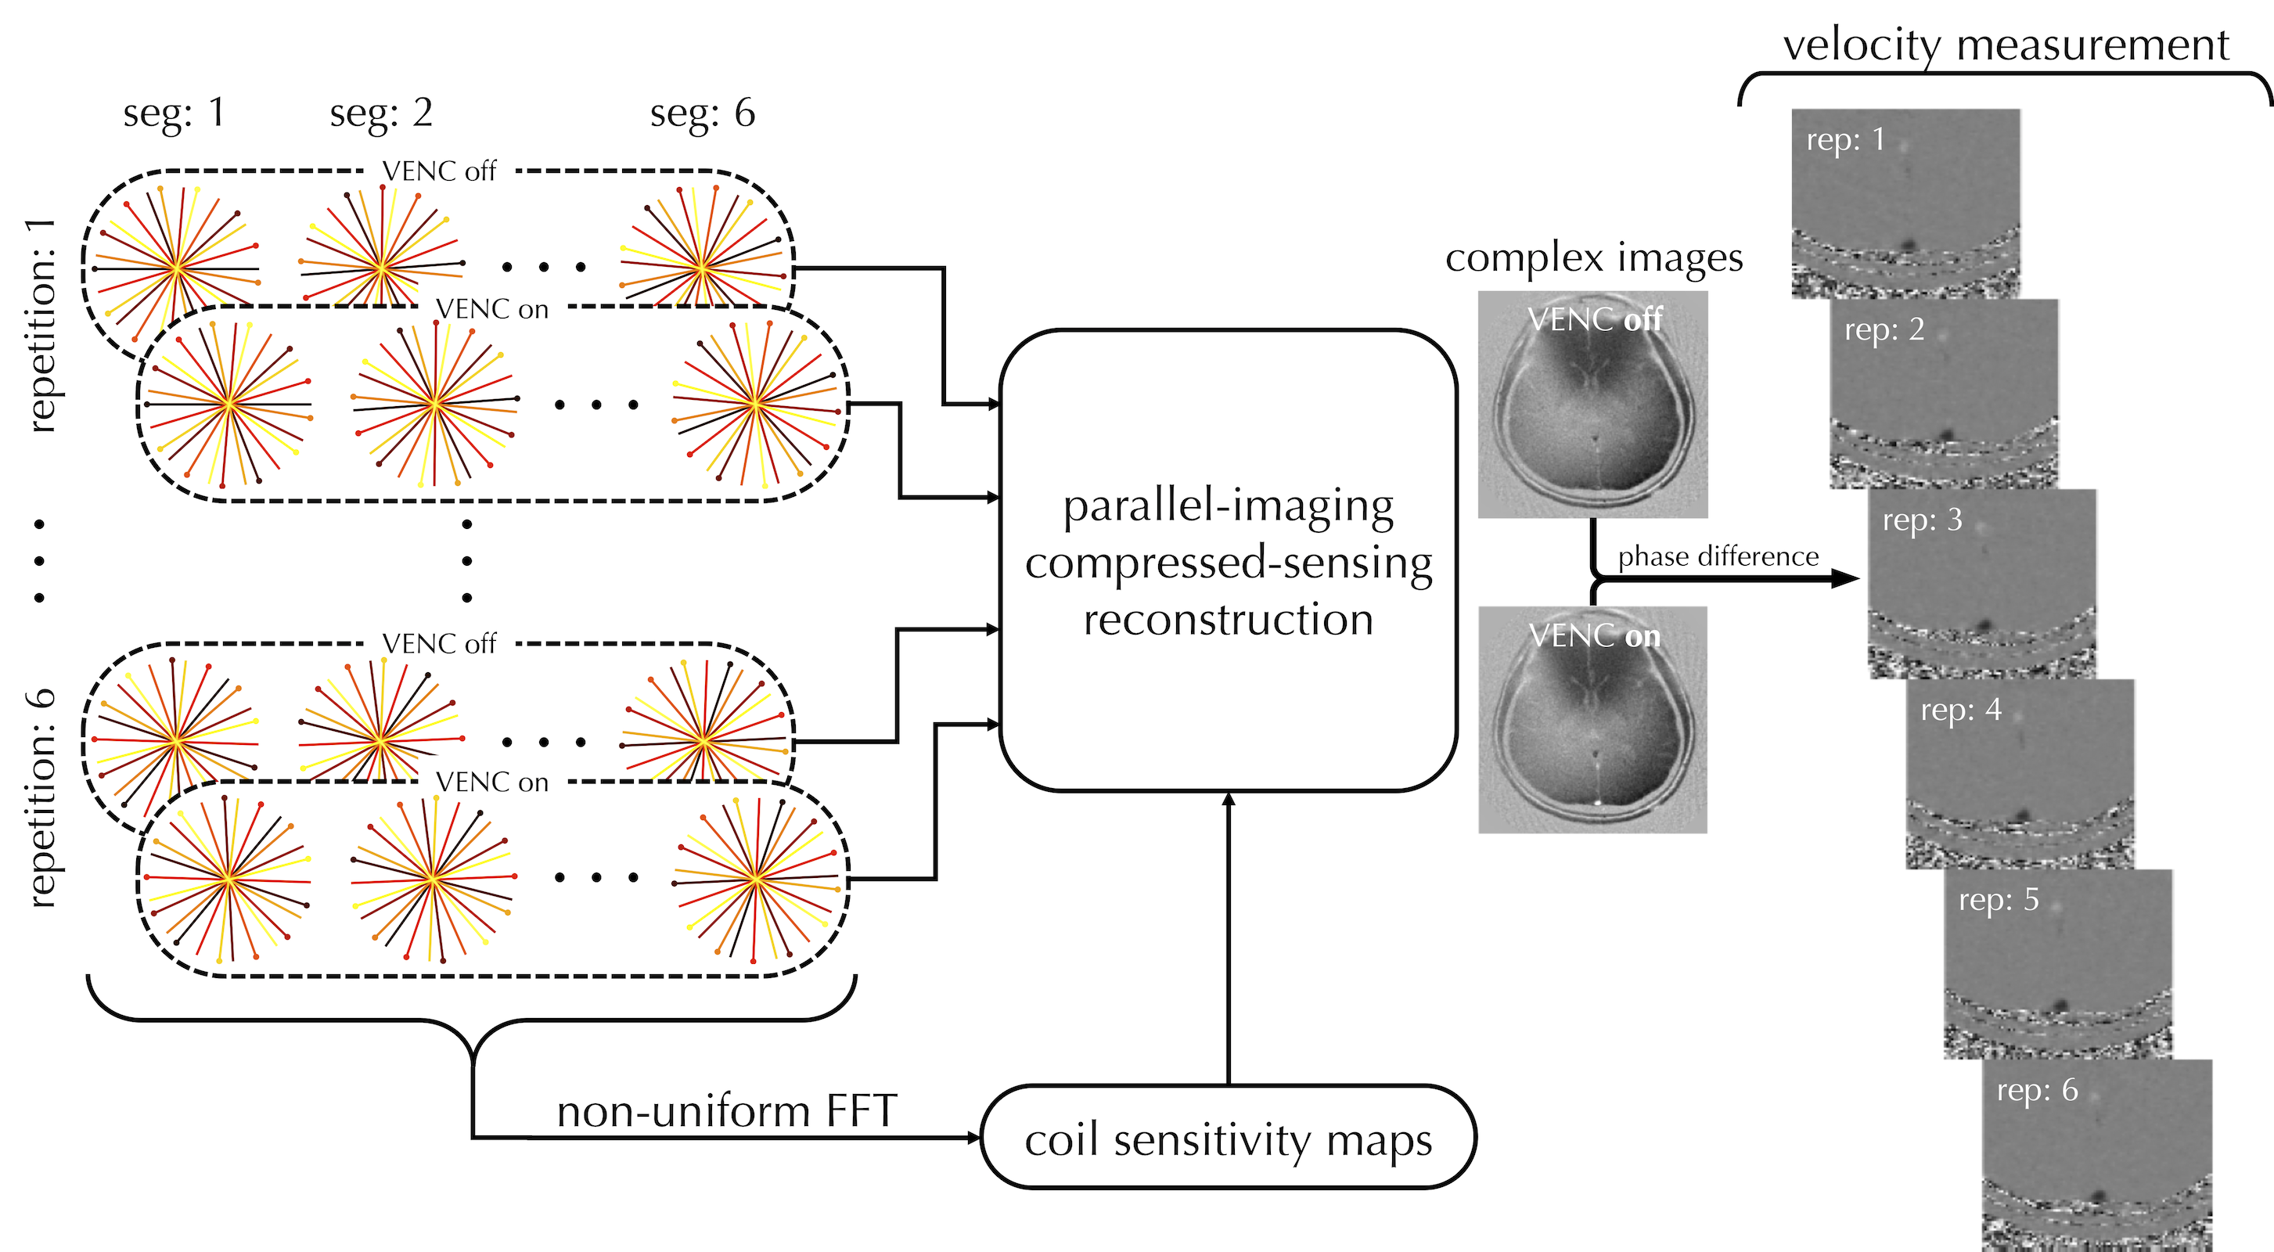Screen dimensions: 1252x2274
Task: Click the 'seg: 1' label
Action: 174,113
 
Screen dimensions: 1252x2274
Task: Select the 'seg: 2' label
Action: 381,113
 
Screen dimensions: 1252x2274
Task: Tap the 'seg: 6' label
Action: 703,113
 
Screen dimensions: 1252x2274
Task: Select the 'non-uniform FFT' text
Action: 726,1110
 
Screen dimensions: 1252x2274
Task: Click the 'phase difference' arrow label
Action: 1718,556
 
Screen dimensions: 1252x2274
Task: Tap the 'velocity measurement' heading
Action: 2006,44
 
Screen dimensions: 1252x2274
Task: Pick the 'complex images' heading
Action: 1593,257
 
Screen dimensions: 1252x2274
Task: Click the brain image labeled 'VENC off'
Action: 1592,405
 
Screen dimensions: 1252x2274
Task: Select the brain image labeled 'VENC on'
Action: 1592,720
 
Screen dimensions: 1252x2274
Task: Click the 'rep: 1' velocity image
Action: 1905,203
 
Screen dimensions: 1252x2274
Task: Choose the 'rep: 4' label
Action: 1961,710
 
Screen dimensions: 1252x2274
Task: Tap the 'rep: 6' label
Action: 2038,1091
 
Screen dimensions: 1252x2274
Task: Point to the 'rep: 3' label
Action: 1922,520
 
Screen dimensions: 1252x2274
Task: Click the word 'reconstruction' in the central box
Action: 1228,619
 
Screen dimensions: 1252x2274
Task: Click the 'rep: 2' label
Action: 1884,329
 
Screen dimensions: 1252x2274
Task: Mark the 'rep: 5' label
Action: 1999,900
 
